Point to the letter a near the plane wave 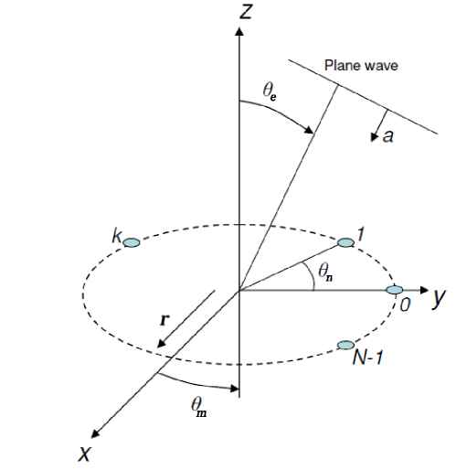(x=388, y=136)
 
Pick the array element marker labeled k (x=132, y=242)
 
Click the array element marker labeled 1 (x=345, y=242)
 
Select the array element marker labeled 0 (x=394, y=291)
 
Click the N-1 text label (x=369, y=359)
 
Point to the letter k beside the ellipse (x=117, y=237)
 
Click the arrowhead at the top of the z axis (x=239, y=33)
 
